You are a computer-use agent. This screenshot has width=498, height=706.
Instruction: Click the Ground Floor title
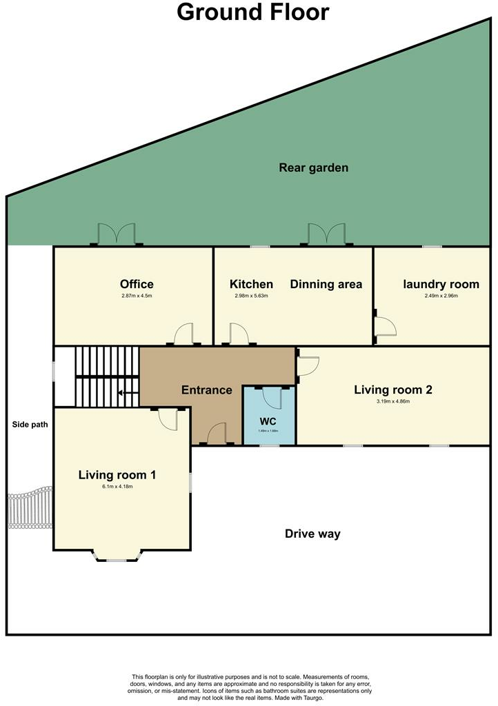tap(253, 12)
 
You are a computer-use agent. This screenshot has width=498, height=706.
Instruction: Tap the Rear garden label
tap(313, 168)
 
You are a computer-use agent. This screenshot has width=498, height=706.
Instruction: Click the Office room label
tap(137, 284)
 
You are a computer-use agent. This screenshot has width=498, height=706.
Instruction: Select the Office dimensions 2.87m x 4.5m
tap(137, 296)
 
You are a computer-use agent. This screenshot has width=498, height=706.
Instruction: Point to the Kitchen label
tap(251, 284)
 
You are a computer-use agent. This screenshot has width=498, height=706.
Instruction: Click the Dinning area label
tap(326, 284)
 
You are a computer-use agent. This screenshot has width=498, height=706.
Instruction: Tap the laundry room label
tap(441, 284)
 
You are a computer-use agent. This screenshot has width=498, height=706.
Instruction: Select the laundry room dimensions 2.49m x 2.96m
tap(441, 296)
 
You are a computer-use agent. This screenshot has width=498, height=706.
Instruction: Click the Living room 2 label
tap(392, 390)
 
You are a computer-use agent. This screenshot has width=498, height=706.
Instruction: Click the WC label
tap(268, 420)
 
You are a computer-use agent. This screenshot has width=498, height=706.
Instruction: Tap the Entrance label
tap(206, 390)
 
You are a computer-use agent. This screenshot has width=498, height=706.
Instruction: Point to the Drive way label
tap(312, 534)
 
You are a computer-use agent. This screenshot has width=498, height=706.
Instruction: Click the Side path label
tap(30, 424)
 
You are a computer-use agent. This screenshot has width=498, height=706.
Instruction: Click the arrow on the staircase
tap(125, 394)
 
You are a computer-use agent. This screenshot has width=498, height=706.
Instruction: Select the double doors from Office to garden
tap(117, 235)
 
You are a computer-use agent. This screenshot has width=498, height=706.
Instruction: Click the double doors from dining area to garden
tap(326, 235)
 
